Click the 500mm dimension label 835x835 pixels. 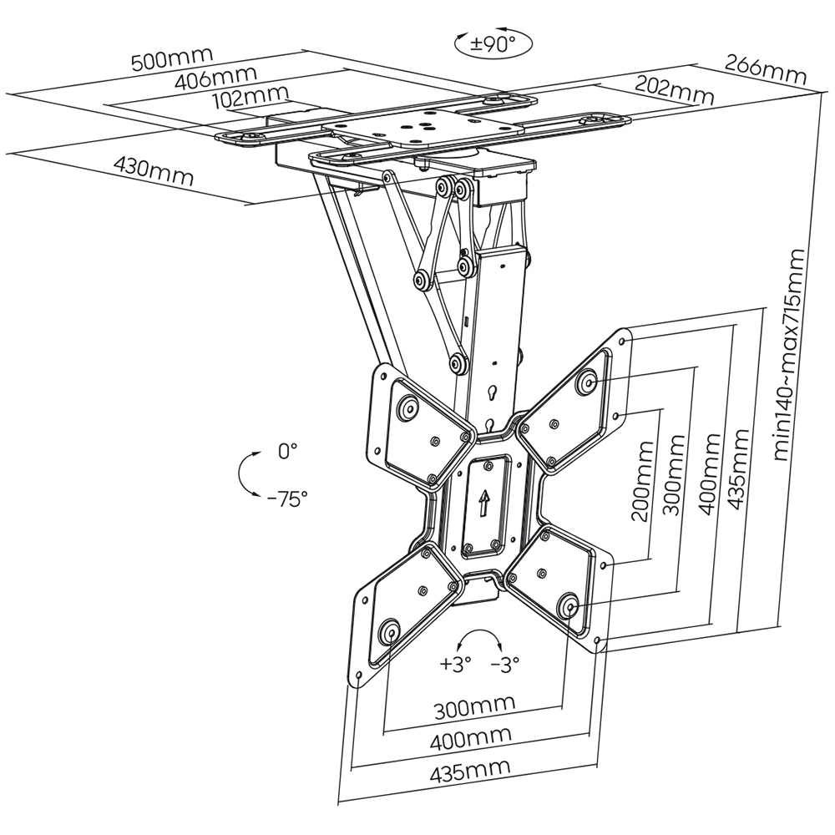tap(172, 59)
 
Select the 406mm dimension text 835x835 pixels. tap(205, 80)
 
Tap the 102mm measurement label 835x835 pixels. tap(250, 99)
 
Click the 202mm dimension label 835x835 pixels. tap(674, 89)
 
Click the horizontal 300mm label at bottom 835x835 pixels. tap(474, 710)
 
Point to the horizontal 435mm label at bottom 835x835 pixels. tap(471, 771)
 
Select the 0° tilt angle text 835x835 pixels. tap(286, 452)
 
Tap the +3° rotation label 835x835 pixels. tap(456, 665)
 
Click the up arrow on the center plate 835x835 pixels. tap(483, 502)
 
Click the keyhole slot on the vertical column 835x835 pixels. tap(494, 390)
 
